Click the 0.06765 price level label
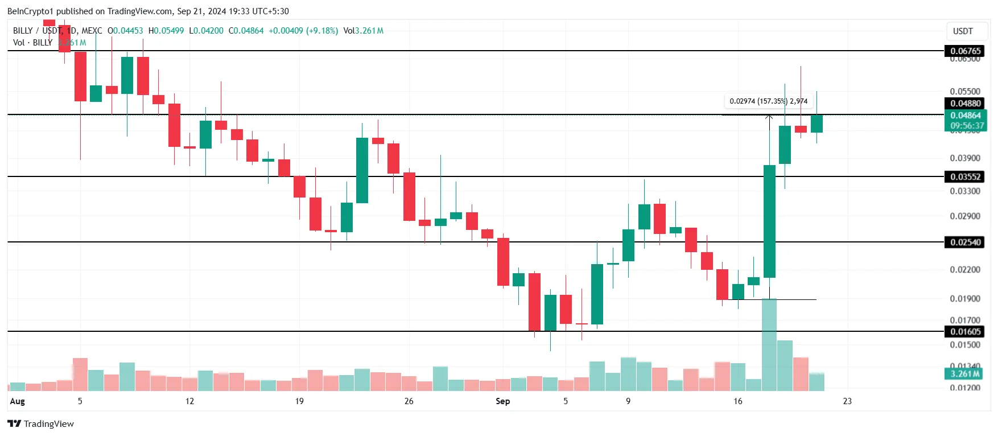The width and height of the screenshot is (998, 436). (966, 51)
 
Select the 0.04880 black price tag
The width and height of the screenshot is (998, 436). (966, 103)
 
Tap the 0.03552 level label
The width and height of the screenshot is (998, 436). (966, 176)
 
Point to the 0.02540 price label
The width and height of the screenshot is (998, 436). (966, 242)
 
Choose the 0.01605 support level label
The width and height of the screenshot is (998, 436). (966, 331)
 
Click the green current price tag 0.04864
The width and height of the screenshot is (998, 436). (966, 116)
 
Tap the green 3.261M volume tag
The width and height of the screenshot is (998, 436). (965, 374)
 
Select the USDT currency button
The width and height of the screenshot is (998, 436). (963, 31)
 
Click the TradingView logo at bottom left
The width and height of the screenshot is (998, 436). (40, 423)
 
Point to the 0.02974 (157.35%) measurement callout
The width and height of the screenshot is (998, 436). (768, 101)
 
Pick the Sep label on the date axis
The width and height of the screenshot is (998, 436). (502, 401)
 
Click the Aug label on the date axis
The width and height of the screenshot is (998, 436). (18, 401)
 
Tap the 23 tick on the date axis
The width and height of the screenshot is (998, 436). (847, 401)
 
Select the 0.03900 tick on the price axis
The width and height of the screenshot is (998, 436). (965, 158)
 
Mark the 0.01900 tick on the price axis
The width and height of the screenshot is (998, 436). (965, 298)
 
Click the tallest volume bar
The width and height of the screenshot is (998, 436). (769, 344)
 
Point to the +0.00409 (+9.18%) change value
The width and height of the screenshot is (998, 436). (303, 31)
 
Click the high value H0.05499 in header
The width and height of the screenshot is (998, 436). (166, 31)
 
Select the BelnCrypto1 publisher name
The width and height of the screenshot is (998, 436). (30, 11)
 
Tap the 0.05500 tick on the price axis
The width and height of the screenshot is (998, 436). (965, 91)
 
